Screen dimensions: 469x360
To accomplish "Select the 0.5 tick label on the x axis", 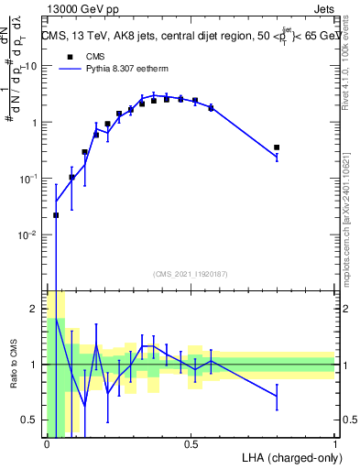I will click(x=191, y=444).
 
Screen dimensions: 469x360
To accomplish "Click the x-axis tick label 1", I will click(x=335, y=444).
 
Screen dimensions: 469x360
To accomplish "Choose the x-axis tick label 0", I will click(x=47, y=444).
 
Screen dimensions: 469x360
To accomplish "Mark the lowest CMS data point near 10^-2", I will click(x=56, y=215).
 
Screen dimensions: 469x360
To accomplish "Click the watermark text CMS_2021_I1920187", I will click(x=190, y=273).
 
